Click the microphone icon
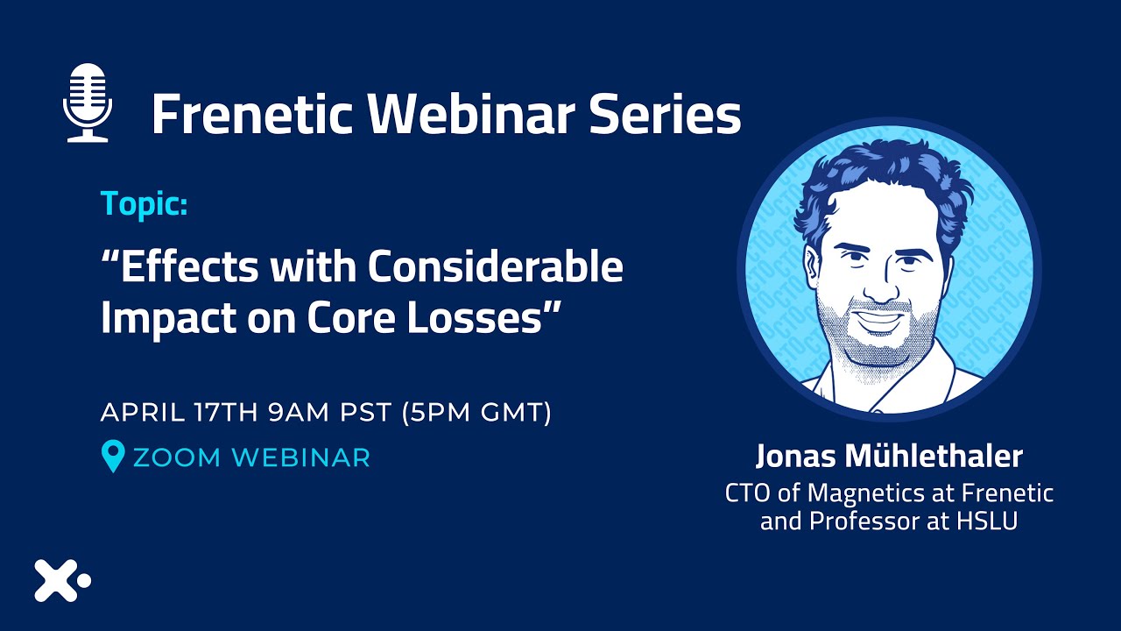88,103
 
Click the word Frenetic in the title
251,114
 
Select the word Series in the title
666,114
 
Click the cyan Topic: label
145,204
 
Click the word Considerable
496,266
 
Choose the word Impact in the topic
169,319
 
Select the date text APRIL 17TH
180,412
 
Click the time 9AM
299,412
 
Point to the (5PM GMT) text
476,412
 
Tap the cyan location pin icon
113,455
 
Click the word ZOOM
177,457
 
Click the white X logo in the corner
56,580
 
